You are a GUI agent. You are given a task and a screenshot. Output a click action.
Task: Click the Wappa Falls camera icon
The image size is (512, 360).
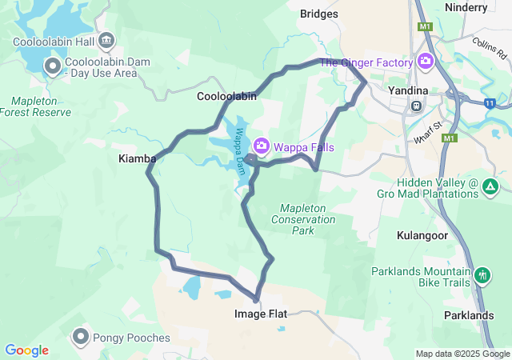pyautogui.click(x=262, y=146)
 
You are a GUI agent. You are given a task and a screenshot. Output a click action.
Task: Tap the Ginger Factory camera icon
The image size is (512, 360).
pyautogui.click(x=426, y=62)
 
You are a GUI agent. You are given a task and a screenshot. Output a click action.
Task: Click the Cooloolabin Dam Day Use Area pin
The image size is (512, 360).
pyautogui.click(x=54, y=66)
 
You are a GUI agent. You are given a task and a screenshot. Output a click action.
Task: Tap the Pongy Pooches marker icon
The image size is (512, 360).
pyautogui.click(x=81, y=337)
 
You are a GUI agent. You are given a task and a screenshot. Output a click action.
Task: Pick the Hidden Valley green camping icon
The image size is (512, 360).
pyautogui.click(x=490, y=187)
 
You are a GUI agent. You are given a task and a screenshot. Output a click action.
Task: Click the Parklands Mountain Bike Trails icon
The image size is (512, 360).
pyautogui.click(x=482, y=277)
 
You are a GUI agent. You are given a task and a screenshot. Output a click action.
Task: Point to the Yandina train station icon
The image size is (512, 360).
pyautogui.click(x=416, y=106)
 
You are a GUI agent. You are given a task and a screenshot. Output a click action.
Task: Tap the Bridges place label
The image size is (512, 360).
pyautogui.click(x=318, y=14)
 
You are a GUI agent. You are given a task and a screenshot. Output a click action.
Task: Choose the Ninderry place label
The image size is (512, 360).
pyautogui.click(x=487, y=7)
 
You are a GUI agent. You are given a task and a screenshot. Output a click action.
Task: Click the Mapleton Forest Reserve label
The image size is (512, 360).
pyautogui.click(x=41, y=106)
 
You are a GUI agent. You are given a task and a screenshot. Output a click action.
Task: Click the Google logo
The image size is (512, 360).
pyautogui.click(x=26, y=350)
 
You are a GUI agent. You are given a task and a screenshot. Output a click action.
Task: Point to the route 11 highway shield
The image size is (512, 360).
pyautogui.click(x=490, y=102)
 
